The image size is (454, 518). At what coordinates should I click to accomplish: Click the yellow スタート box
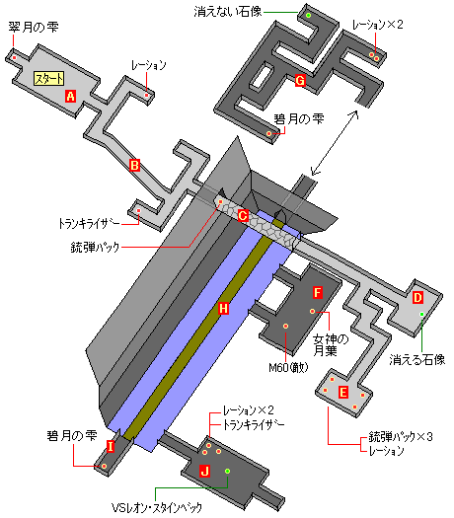click(x=49, y=79)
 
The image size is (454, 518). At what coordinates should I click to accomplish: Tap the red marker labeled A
click(x=70, y=96)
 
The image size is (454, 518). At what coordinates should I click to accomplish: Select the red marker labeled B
click(x=134, y=165)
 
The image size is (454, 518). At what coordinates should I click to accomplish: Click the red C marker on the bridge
click(x=243, y=216)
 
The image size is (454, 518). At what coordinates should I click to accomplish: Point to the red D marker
click(x=418, y=298)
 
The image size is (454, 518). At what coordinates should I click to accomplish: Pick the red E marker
click(x=343, y=393)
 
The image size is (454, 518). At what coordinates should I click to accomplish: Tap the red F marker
click(x=317, y=292)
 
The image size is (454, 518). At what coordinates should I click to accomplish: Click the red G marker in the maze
click(x=300, y=80)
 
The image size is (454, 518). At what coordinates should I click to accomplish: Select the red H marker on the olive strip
click(x=223, y=309)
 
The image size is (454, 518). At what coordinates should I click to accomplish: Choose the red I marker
click(x=111, y=446)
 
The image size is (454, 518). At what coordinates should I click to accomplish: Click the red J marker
click(x=205, y=471)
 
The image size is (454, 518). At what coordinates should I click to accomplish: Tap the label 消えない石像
click(x=228, y=12)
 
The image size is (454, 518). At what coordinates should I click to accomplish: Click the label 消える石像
click(x=417, y=359)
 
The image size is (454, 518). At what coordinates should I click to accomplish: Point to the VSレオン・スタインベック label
click(x=156, y=507)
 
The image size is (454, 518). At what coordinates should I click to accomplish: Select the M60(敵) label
click(x=288, y=367)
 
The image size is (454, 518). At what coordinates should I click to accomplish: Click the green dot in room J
click(x=227, y=471)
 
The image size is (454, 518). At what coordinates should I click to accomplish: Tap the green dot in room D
click(x=422, y=314)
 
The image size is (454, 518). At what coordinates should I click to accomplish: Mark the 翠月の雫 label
click(x=34, y=27)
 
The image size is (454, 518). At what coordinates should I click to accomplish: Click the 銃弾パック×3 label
click(x=401, y=437)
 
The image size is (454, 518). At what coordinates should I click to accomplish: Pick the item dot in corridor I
click(x=104, y=466)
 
